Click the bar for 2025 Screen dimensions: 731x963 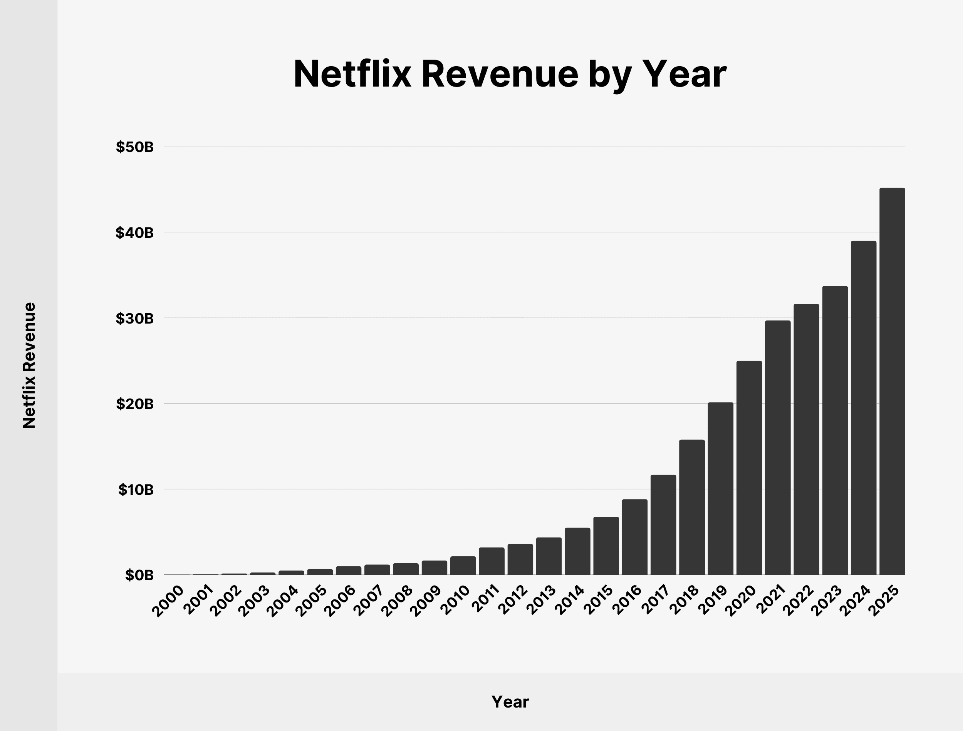(892, 381)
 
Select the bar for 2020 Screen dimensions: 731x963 (749, 468)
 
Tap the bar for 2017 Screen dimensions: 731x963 (663, 525)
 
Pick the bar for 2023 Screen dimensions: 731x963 (835, 431)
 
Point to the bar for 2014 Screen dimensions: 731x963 (577, 551)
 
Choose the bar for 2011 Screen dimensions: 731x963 (492, 561)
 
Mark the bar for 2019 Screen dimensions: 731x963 (720, 489)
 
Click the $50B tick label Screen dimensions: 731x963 (135, 147)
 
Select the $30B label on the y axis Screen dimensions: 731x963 (135, 319)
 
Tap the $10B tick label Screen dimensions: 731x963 (136, 490)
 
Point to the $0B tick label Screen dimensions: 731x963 (139, 575)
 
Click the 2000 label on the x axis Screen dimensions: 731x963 (168, 601)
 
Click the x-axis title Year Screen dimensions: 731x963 (510, 702)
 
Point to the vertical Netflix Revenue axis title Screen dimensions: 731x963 (29, 365)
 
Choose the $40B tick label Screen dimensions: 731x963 (135, 233)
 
